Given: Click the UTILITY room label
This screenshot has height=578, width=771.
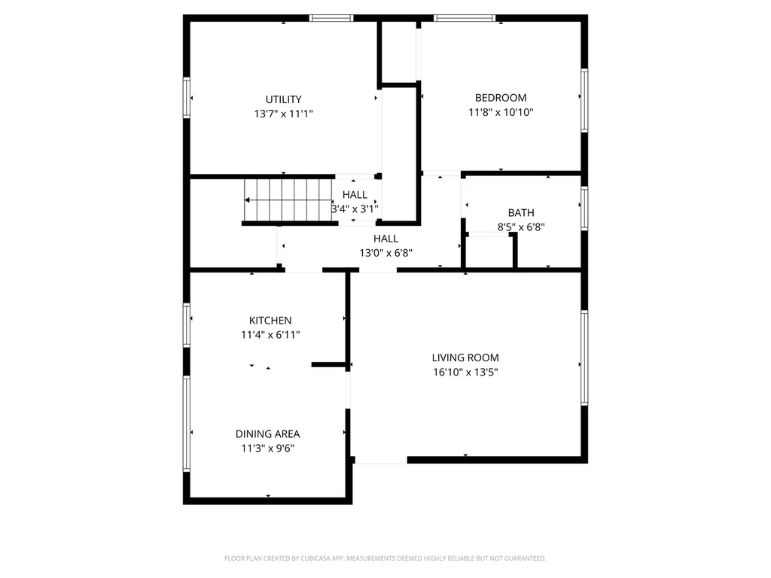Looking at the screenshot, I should coord(283,99).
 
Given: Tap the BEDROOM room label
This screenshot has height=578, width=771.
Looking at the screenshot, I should coord(501,98).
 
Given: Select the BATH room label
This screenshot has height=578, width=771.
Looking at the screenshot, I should coord(520,213).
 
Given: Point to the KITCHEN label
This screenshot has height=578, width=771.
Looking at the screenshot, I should coord(270,321).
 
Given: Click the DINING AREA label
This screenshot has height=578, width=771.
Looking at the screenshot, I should coord(267,434).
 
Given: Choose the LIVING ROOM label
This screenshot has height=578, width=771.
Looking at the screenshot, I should coord(465,358).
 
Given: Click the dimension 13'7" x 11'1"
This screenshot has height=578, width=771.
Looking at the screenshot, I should coord(283,114).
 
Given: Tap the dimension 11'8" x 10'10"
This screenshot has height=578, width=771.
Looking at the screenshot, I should coord(501,112).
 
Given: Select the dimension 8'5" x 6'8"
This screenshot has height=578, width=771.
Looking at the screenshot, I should coord(520,227).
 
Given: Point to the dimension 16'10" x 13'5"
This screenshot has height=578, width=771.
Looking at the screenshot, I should coord(465,372).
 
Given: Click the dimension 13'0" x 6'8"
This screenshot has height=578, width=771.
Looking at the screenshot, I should coord(385,253).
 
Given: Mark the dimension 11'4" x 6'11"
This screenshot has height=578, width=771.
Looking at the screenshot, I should coord(270,335).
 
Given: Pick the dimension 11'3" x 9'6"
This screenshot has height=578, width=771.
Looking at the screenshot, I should coord(267,449).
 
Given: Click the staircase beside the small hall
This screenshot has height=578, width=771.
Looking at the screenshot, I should coord(287,200).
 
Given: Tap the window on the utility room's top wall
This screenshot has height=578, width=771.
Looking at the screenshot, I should coord(332,18).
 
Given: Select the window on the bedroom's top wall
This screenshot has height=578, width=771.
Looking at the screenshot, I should coord(465,18).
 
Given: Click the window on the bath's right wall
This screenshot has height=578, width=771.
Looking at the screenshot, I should coord(584,208).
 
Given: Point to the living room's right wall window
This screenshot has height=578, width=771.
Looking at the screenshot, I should coord(584,358).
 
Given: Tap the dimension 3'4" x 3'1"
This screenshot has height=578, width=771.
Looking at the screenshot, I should coord(355,209).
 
